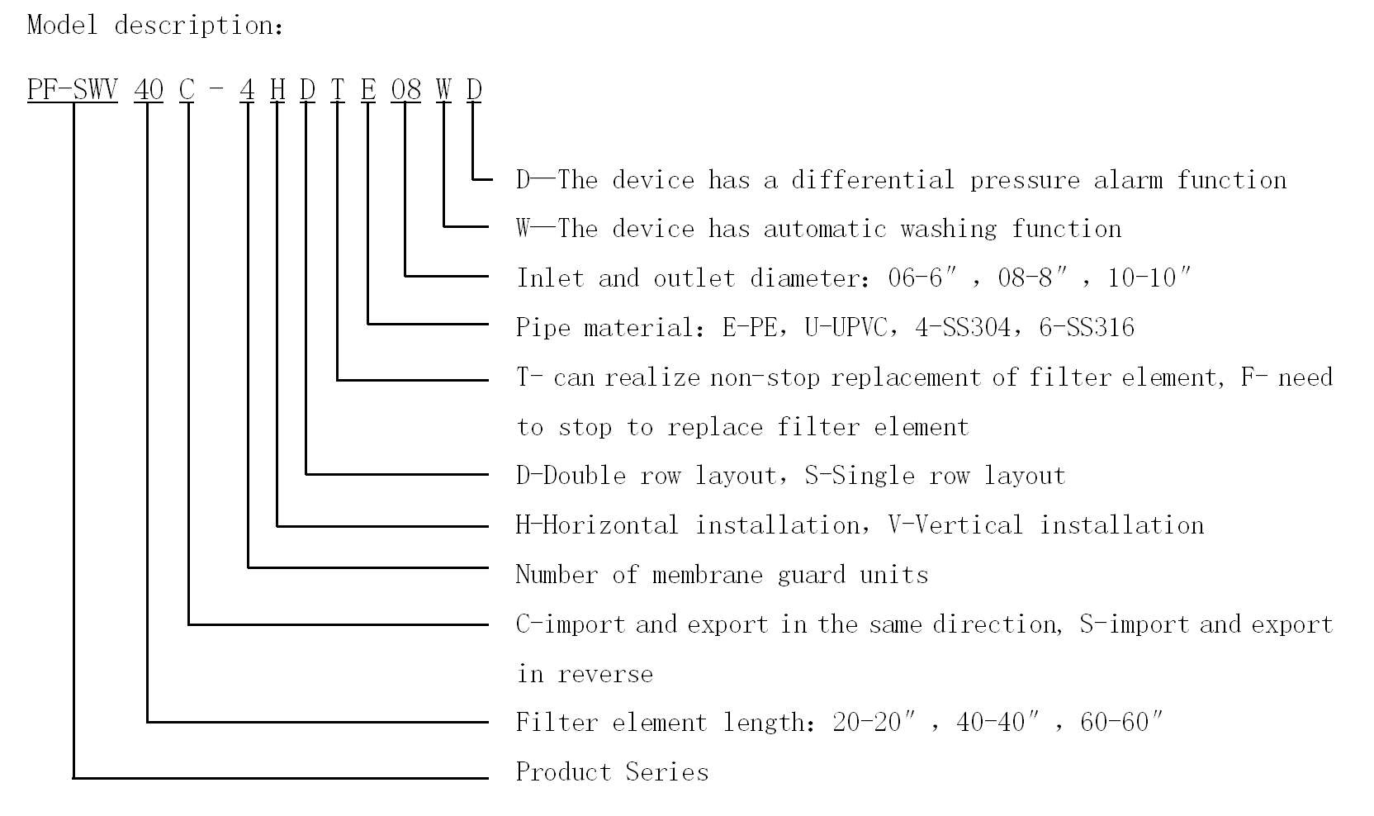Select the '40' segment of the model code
[x=149, y=89]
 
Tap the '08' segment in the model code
[x=406, y=89]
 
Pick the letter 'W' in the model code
[x=444, y=89]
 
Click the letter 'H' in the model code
[x=277, y=89]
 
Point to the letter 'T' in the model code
[x=337, y=89]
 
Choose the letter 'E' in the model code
[x=368, y=89]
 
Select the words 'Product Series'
[x=612, y=772]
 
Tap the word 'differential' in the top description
[x=874, y=180]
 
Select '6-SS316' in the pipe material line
[x=1087, y=328]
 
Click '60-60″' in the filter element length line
[x=1121, y=723]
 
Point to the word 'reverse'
[x=605, y=674]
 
